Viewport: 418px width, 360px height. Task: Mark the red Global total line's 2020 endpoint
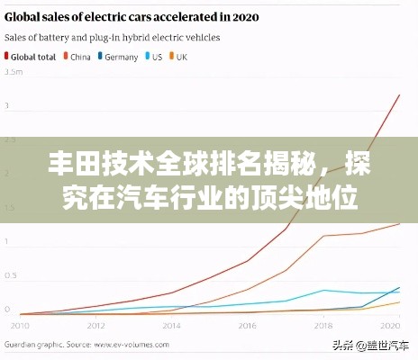coord(399,95)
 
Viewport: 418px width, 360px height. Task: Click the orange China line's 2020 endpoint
coord(399,224)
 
